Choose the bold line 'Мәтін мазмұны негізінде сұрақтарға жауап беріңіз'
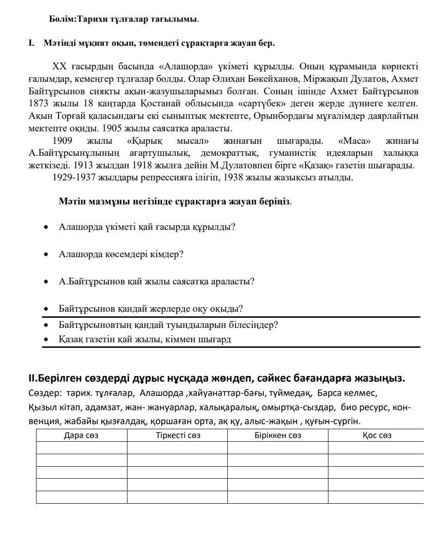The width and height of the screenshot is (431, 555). pos(175,202)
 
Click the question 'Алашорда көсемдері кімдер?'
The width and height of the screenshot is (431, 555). pos(121,254)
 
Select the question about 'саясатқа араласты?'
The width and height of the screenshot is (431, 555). pos(157,282)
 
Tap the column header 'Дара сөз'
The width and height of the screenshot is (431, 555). pos(81,435)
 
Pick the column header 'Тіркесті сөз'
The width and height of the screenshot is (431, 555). pos(178,435)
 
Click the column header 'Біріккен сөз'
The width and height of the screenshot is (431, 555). pos(278,435)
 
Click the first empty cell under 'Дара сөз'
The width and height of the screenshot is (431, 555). pos(81,448)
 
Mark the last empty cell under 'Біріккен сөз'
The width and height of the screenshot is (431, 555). pos(278,497)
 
